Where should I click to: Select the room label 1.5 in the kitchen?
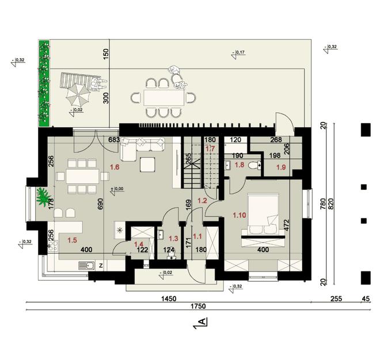click(72, 240)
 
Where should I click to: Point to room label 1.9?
click(282, 167)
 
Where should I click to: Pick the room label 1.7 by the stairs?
click(210, 148)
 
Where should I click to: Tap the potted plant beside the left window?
click(43, 199)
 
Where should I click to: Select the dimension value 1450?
click(168, 299)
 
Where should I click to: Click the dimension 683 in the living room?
click(113, 140)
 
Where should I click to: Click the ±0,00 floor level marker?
click(117, 188)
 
